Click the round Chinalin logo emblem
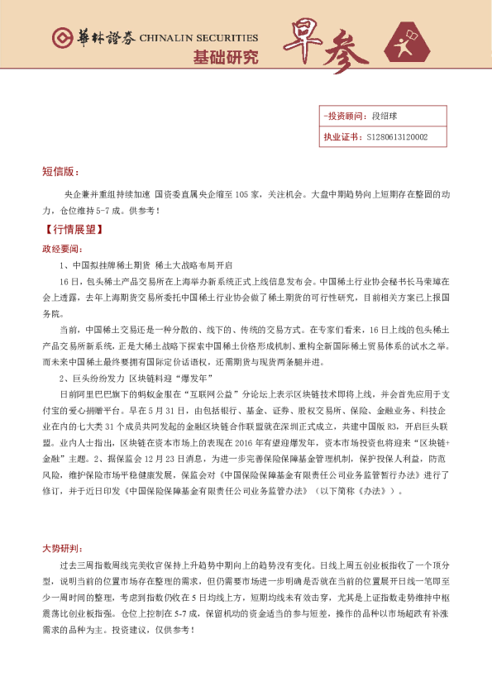(61, 38)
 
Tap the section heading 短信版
(60, 172)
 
